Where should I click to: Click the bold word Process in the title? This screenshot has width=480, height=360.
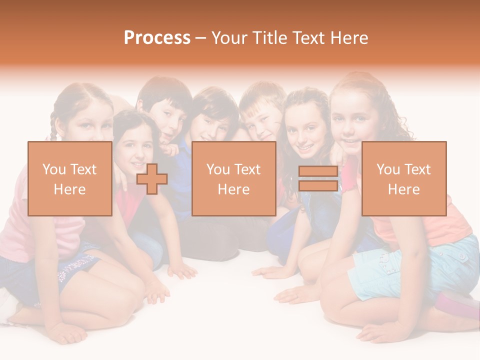pyautogui.click(x=157, y=38)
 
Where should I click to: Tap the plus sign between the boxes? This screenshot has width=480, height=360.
pyautogui.click(x=152, y=179)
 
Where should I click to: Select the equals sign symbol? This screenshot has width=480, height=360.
pyautogui.click(x=318, y=178)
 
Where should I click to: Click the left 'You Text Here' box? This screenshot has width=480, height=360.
pyautogui.click(x=69, y=178)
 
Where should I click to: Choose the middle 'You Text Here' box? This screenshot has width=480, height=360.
pyautogui.click(x=233, y=178)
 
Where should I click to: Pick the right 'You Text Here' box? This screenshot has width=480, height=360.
pyautogui.click(x=403, y=178)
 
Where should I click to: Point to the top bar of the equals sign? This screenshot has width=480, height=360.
pyautogui.click(x=318, y=171)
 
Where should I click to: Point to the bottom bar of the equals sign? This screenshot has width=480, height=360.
pyautogui.click(x=318, y=185)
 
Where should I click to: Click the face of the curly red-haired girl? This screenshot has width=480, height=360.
pyautogui.click(x=352, y=122)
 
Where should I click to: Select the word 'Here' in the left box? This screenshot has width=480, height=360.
pyautogui.click(x=69, y=189)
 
